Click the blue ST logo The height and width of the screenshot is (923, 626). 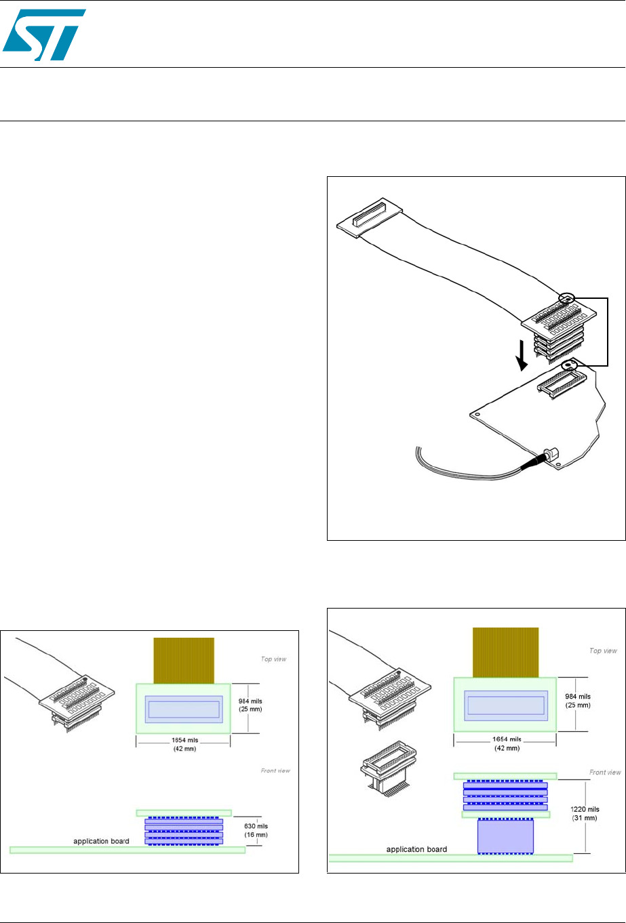click(44, 35)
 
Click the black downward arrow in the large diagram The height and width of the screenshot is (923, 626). click(522, 355)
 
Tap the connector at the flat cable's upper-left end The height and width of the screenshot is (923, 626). click(370, 218)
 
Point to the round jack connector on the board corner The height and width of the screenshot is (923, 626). click(550, 456)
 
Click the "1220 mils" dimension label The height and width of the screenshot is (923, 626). click(585, 809)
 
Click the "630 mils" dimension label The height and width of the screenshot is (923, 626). click(256, 826)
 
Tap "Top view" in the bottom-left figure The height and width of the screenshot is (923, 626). click(273, 659)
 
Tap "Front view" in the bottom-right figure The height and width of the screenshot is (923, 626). click(605, 772)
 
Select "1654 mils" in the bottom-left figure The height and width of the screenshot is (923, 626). click(184, 740)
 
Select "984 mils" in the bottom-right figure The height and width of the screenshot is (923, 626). click(578, 697)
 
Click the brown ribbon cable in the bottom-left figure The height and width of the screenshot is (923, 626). click(184, 661)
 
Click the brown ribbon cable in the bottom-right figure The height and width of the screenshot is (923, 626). click(505, 653)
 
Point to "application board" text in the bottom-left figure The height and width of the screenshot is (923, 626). click(101, 841)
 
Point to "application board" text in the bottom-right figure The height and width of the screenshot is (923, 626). click(416, 849)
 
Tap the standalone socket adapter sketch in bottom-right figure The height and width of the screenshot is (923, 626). click(389, 769)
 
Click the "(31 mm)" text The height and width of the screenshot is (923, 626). click(585, 818)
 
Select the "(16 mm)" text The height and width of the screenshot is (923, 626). click(256, 835)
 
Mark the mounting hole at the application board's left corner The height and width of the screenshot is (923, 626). click(477, 415)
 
